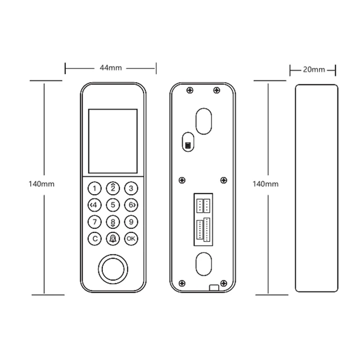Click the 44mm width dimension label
[x=111, y=68]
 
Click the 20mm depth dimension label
[x=313, y=69]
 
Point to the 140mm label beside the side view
[x=265, y=184]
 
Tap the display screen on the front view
[x=113, y=141]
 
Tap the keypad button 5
[x=113, y=205]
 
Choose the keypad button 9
[x=130, y=222]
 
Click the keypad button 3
[x=130, y=188]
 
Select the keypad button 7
[x=96, y=222]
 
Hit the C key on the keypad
[x=96, y=238]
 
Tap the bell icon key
[x=113, y=238]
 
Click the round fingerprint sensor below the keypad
[x=113, y=269]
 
